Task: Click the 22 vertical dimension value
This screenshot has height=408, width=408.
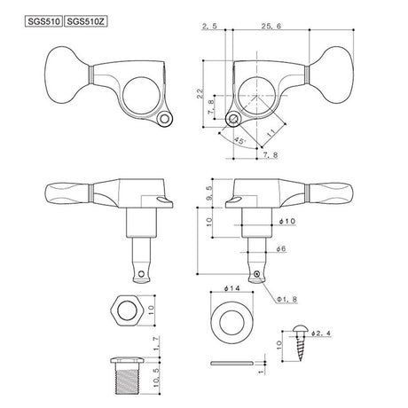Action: click(201, 93)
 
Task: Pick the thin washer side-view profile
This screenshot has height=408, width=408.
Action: click(233, 363)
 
